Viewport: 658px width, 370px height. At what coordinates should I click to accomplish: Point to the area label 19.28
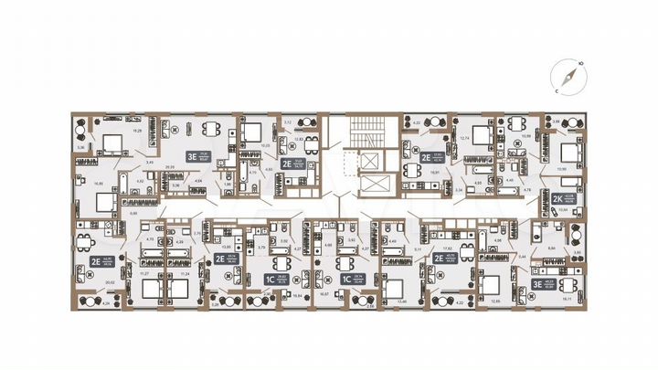[138, 131]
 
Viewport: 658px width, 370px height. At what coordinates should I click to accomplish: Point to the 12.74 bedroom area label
[464, 138]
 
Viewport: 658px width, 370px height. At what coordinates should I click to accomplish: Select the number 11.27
[144, 272]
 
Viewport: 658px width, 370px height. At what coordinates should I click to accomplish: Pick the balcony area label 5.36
[80, 146]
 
